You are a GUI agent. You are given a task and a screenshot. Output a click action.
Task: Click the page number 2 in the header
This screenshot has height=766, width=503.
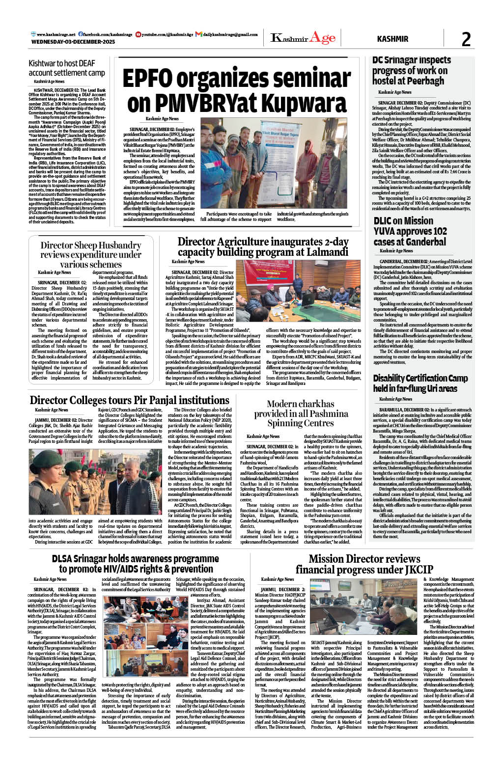click(x=466, y=39)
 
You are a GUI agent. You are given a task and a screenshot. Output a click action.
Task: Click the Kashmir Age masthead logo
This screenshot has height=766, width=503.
click(x=303, y=38)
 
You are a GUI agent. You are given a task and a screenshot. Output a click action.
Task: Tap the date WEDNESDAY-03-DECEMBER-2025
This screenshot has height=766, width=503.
click(x=73, y=42)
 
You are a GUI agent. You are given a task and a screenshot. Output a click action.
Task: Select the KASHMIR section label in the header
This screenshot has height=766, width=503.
click(x=392, y=39)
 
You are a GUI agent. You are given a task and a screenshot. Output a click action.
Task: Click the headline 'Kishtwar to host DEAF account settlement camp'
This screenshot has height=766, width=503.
click(x=67, y=68)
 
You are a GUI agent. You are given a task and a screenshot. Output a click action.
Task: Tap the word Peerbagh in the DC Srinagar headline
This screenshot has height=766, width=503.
click(x=422, y=81)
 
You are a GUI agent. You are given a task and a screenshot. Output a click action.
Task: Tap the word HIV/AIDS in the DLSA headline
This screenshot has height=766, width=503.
click(x=120, y=569)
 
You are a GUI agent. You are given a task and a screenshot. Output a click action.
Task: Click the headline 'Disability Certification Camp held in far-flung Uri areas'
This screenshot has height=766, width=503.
click(x=420, y=383)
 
